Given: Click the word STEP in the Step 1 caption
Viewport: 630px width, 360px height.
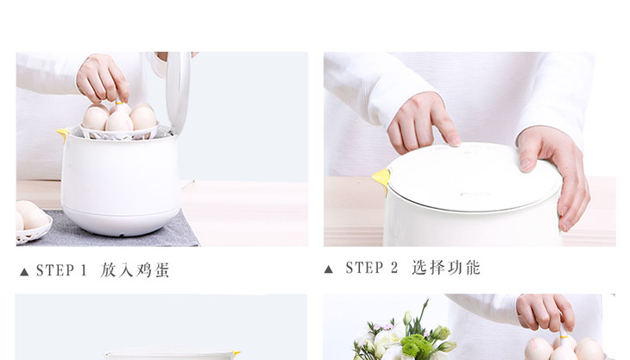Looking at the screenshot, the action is [x=55, y=270].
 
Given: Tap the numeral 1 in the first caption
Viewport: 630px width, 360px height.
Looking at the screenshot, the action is [x=84, y=270].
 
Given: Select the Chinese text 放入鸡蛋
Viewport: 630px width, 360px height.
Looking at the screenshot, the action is [x=135, y=270].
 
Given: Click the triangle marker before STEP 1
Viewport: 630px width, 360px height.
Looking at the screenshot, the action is [x=24, y=272].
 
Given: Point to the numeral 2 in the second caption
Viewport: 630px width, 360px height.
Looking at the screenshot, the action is [x=394, y=268].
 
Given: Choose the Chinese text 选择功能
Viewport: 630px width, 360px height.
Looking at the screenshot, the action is [x=446, y=268].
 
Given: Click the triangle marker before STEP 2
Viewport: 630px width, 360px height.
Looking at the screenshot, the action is [x=328, y=269].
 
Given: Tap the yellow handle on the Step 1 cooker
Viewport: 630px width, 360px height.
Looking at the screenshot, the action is [x=63, y=134].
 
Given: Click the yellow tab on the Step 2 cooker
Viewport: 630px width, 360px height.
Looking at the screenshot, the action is [x=381, y=180].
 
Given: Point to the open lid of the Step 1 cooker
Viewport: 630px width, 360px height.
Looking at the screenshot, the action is [x=179, y=92].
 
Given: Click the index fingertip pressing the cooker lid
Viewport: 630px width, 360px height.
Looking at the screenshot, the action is [x=454, y=141].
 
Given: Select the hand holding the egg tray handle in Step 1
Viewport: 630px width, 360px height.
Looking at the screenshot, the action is [x=103, y=79].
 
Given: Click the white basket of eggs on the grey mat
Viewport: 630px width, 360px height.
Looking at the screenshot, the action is [x=33, y=223].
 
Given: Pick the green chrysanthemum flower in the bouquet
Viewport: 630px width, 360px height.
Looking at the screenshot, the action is [x=415, y=345].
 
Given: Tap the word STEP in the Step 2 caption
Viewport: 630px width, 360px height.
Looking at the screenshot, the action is [x=365, y=268].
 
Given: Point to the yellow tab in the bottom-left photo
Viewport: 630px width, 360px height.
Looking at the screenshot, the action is [x=236, y=354].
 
